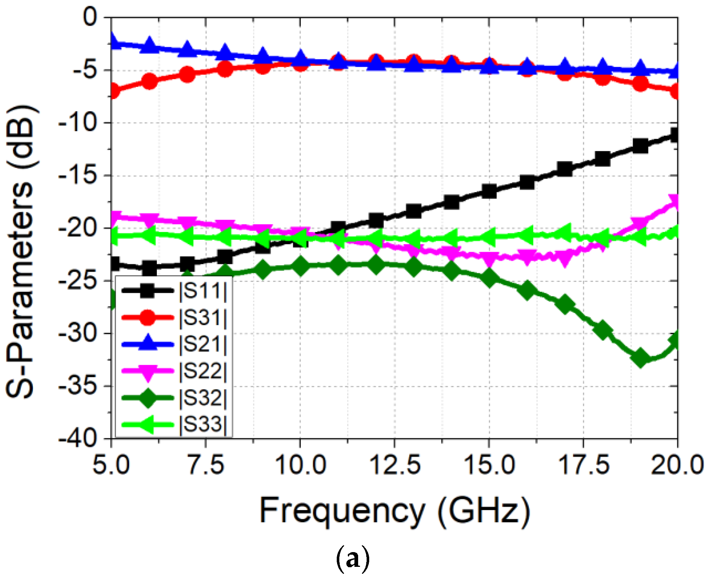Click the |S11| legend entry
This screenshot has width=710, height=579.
click(x=202, y=291)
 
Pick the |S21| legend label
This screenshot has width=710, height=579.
click(x=202, y=344)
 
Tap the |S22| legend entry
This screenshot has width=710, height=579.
click(x=202, y=371)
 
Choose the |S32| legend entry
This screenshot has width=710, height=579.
click(x=202, y=398)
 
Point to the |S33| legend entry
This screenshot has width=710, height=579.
click(x=202, y=424)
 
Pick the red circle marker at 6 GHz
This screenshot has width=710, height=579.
click(x=149, y=81)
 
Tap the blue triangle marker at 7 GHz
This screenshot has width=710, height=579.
click(x=187, y=49)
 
